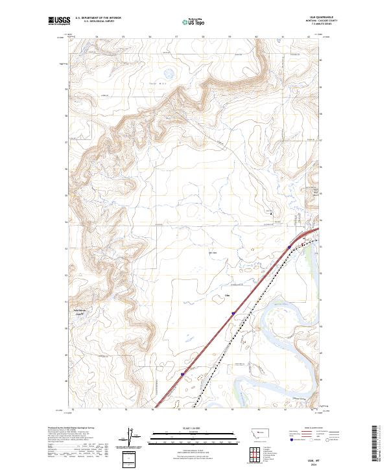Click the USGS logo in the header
(x=59, y=21)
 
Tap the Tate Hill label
(x=154, y=83)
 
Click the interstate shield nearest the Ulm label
(x=231, y=313)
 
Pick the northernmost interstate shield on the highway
(x=289, y=247)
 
